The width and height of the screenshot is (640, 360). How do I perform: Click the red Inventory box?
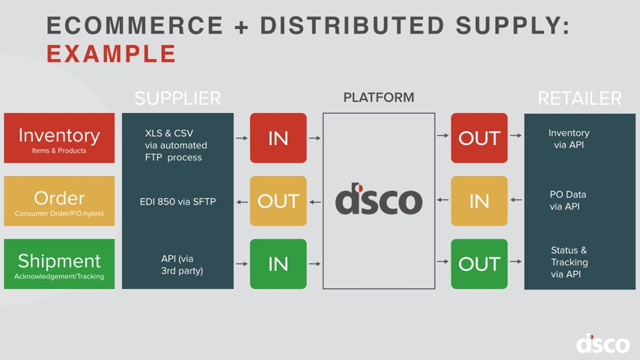[x=59, y=138]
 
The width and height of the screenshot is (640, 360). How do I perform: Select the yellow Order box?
[x=59, y=201]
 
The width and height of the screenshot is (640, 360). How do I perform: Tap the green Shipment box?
[x=59, y=264]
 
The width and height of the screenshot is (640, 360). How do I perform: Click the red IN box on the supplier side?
[x=278, y=138]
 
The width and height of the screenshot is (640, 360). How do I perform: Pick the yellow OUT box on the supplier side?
[x=278, y=201]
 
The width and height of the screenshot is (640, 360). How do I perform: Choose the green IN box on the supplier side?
[x=278, y=264]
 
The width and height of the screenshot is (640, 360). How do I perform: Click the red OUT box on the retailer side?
[x=479, y=138]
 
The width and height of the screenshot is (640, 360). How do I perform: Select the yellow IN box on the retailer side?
[x=479, y=201]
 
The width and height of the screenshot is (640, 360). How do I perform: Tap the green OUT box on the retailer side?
[x=479, y=264]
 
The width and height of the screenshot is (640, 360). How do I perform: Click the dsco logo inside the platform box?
[x=379, y=200]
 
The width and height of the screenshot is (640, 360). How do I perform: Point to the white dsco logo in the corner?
[x=603, y=344]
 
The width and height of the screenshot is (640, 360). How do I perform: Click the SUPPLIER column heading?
[x=177, y=98]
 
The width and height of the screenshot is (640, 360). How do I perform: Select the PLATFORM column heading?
[x=379, y=97]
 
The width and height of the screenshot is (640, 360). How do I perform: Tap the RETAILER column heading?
[x=579, y=98]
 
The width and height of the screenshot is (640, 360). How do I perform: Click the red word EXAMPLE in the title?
[x=112, y=54]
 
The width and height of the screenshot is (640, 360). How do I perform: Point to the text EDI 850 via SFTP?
[x=177, y=201]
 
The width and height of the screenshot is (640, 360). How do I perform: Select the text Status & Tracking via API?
[x=569, y=262]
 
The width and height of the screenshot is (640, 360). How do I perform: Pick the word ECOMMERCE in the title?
[x=135, y=25]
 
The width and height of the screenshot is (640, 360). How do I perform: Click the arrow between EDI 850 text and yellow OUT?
[x=242, y=201]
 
